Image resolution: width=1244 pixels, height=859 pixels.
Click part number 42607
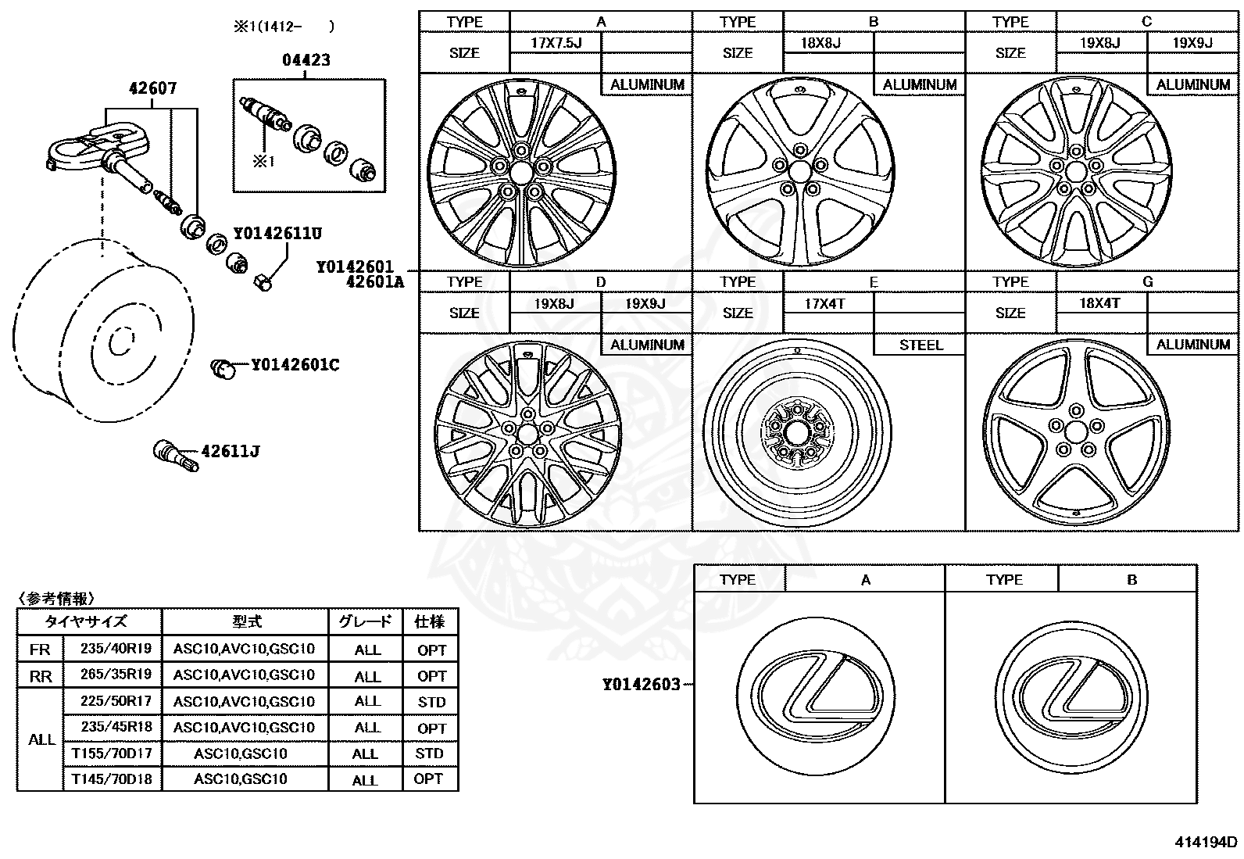tap(152, 88)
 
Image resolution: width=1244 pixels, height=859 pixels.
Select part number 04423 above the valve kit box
tap(306, 60)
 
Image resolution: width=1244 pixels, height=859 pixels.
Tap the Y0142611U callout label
tap(277, 233)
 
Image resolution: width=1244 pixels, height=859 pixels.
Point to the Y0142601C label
tap(295, 365)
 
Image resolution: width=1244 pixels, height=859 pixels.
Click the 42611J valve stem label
tap(231, 451)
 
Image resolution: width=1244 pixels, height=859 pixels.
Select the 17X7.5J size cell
tap(556, 42)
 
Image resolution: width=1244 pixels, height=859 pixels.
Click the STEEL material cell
tap(920, 345)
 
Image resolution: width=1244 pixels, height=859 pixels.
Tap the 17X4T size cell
tap(825, 302)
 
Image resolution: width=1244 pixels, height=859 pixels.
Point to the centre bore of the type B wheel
tap(799, 171)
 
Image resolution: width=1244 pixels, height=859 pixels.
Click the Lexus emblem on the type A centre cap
tap(812, 688)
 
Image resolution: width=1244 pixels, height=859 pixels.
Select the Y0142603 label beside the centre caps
tap(641, 685)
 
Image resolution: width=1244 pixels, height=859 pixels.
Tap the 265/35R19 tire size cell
tap(116, 674)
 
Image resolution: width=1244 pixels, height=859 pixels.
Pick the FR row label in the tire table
tap(40, 650)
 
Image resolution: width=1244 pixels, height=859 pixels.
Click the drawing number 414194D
tap(1206, 842)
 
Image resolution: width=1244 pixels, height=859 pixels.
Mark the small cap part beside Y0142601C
tap(223, 367)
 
